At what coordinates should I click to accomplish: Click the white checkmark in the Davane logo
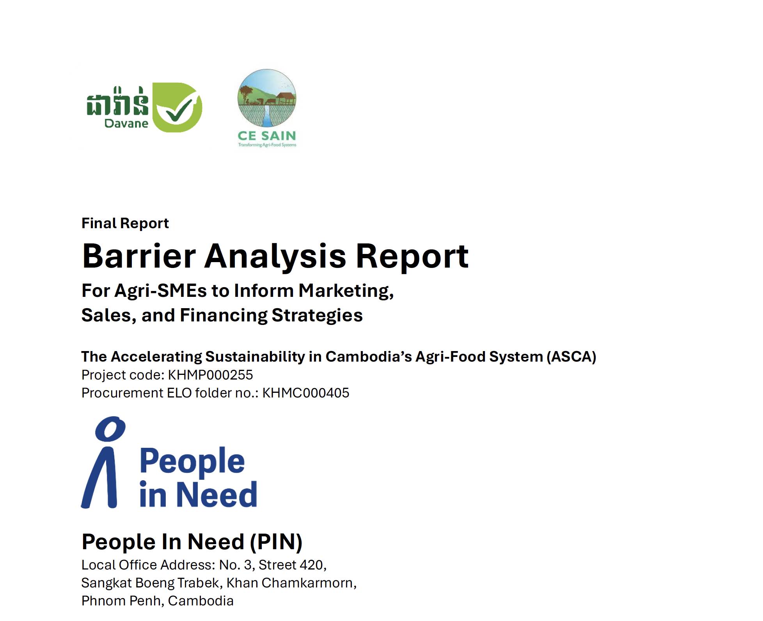tap(179, 109)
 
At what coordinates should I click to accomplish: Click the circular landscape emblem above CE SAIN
tap(267, 98)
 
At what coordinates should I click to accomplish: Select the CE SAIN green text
tap(267, 136)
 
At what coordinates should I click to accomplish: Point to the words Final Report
tap(125, 223)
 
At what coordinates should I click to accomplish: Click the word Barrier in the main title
tap(139, 256)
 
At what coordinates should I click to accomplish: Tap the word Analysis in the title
tap(275, 256)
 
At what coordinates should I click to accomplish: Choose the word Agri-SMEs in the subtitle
tap(160, 291)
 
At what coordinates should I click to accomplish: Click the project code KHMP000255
tap(210, 375)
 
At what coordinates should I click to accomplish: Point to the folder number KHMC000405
tap(305, 393)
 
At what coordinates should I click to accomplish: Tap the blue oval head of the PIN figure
tap(110, 428)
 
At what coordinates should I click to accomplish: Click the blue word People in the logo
tap(192, 461)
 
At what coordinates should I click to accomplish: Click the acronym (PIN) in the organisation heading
tap(276, 542)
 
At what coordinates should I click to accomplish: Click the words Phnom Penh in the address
tap(121, 601)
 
